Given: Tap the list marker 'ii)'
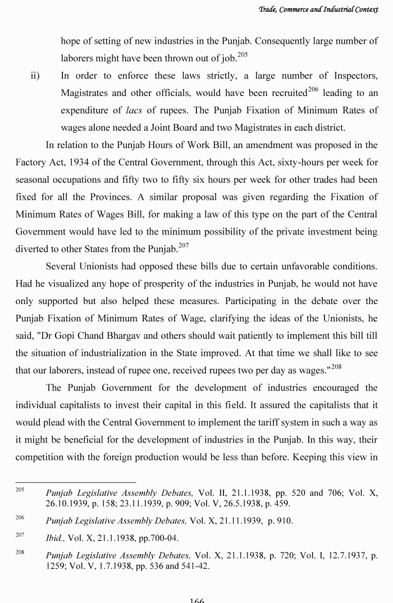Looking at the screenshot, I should click(x=35, y=76).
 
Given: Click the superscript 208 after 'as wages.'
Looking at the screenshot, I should click(x=336, y=366).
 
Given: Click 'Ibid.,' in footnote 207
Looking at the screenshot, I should click(x=55, y=538).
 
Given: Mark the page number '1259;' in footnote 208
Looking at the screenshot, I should click(x=57, y=566).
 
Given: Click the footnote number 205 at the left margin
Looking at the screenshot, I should click(x=20, y=490).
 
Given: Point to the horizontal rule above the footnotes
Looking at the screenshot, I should click(x=75, y=482).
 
